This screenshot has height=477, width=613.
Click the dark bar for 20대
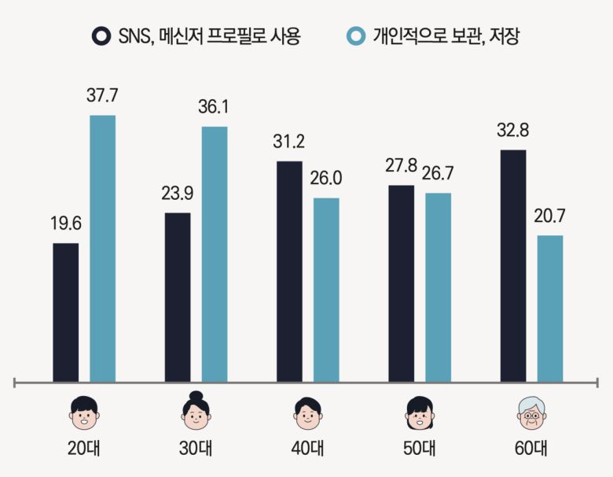pos(65,312)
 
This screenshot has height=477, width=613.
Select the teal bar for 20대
pos(102,249)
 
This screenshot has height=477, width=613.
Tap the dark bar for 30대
pos(178,298)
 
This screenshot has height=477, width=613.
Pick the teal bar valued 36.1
pos(215,254)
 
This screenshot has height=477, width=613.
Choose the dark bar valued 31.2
pos(289,272)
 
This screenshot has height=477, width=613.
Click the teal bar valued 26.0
pos(326,290)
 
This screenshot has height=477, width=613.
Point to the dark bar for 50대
pos(401,283)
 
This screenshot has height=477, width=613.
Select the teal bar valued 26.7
pos(438,287)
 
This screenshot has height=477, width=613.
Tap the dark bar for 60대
pos(512,266)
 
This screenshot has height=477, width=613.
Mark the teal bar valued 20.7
pos(550,309)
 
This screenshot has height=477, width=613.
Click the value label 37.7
pos(102,96)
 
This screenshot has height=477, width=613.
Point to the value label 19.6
pos(65,224)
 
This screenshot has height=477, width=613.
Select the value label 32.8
pos(512,130)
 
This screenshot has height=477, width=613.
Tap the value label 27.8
pos(401,166)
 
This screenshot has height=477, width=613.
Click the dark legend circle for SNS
pos(101,36)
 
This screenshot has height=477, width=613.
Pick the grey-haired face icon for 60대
pos(530,411)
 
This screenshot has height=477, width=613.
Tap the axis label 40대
pos(307,449)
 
